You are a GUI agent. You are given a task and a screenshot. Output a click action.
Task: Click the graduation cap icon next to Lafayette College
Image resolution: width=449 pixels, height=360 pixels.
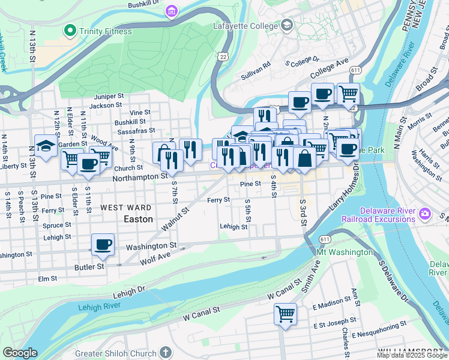287,25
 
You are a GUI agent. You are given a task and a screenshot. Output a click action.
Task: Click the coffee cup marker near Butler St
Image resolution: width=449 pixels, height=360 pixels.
103,244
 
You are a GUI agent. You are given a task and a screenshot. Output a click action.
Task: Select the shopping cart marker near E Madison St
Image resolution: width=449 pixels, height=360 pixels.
286,314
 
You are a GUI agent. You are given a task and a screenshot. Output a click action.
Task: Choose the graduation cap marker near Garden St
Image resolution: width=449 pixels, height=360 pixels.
46,146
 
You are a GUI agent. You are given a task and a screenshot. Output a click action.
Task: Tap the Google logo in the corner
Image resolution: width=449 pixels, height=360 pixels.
20,353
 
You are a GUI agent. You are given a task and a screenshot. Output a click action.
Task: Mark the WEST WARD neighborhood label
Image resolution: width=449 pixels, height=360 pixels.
125,208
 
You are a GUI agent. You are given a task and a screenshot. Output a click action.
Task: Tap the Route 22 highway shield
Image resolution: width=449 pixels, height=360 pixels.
223,56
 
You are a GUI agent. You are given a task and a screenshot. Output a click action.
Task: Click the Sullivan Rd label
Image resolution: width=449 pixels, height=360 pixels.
256,62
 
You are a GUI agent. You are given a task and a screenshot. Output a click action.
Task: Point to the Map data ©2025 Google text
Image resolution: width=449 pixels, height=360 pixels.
411,355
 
